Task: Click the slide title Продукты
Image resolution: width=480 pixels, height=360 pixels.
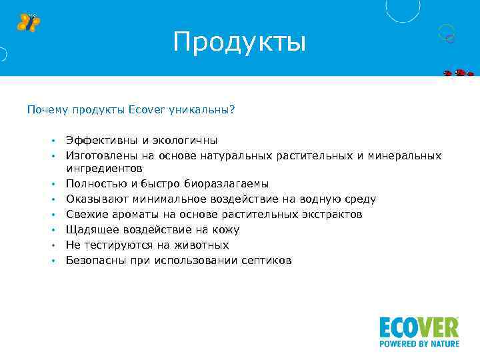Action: click(239, 42)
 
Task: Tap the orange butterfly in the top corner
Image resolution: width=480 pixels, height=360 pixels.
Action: click(28, 22)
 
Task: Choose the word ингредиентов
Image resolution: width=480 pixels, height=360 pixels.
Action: click(103, 168)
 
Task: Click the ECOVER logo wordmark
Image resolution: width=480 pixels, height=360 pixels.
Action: click(419, 328)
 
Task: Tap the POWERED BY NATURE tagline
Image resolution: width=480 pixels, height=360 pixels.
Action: click(419, 345)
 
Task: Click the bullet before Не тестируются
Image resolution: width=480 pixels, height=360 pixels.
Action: click(51, 246)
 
